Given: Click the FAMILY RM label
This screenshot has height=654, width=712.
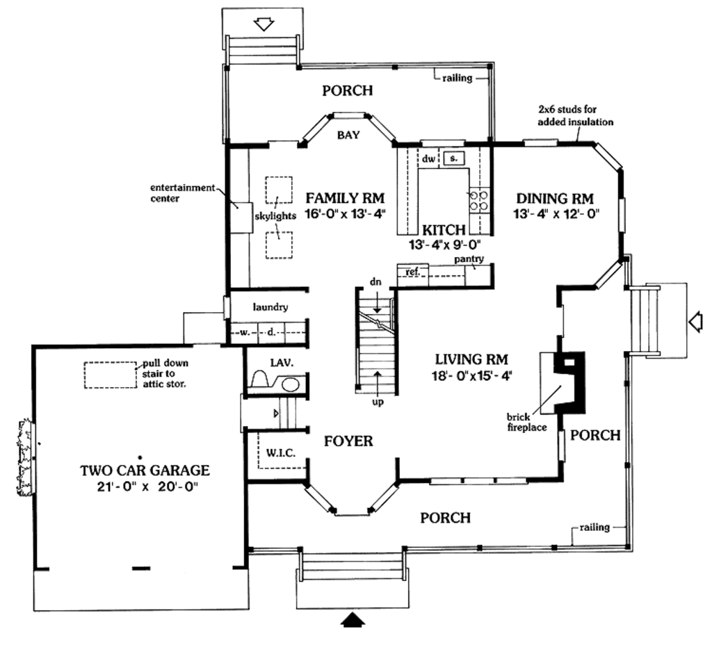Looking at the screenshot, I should (x=345, y=197).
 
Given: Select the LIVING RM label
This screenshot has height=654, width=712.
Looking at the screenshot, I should (x=471, y=359).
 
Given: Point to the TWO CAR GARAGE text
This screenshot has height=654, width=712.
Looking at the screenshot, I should (x=145, y=471).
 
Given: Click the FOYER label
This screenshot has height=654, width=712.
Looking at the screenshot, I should (x=348, y=441).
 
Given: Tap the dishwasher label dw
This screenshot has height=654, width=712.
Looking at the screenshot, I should (x=428, y=159).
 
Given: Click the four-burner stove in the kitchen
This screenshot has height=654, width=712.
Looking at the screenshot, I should (x=478, y=201).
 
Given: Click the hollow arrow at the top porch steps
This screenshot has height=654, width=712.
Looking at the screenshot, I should (x=265, y=24).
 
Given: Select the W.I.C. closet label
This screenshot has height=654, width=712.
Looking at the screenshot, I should (x=280, y=453).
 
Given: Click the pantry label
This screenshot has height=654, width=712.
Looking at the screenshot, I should (x=469, y=259).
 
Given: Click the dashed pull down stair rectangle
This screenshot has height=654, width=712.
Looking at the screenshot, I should (x=111, y=375).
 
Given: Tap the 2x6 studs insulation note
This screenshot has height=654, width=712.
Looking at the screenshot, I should (x=576, y=115).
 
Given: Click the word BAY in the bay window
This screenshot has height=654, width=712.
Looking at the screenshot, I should (x=348, y=135).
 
